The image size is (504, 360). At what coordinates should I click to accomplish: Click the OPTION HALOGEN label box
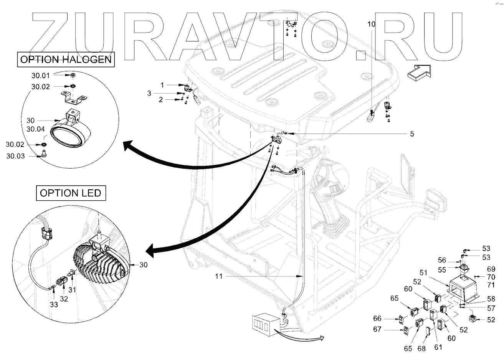[66, 59]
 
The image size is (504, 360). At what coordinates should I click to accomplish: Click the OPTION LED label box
[71, 193]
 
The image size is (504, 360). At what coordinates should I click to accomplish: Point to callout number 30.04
[36, 129]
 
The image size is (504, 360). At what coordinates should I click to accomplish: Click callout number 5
[411, 134]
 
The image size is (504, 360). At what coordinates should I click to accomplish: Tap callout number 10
[371, 24]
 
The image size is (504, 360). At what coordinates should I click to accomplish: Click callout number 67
[378, 329]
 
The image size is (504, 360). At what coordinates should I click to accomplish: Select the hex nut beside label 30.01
[73, 76]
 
